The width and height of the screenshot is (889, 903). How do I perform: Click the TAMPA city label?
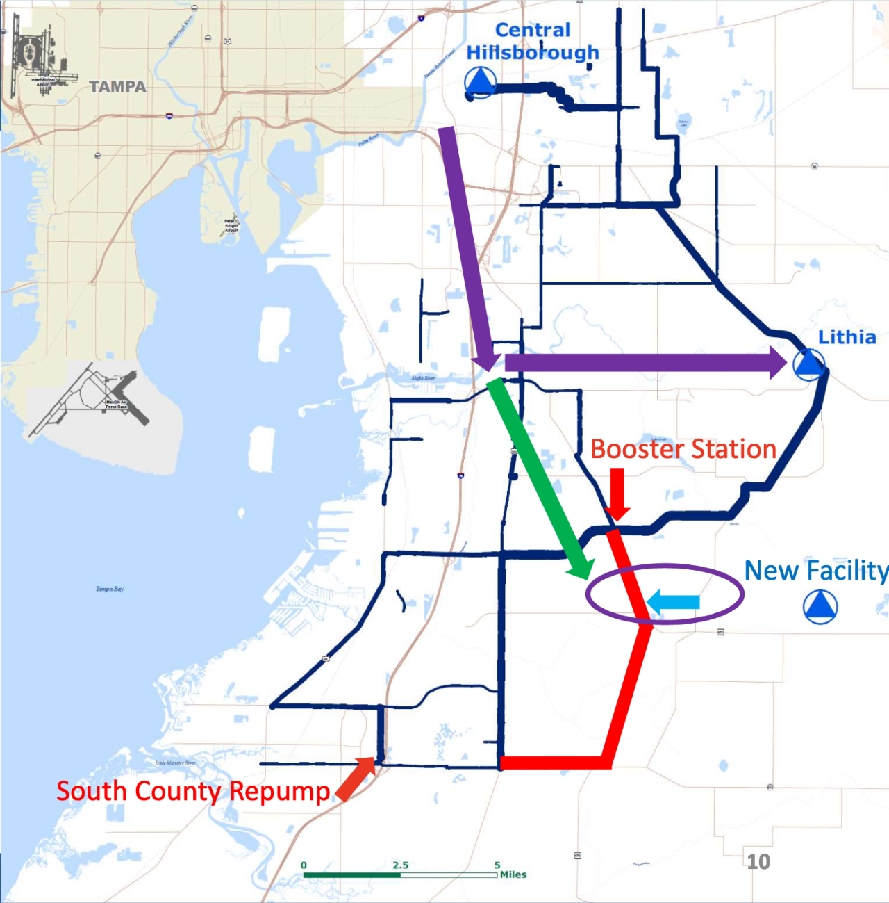tap(117, 87)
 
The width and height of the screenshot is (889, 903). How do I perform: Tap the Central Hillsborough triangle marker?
tap(479, 83)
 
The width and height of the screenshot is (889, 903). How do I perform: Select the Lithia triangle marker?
tap(808, 364)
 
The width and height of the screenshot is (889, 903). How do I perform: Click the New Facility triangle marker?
tap(820, 606)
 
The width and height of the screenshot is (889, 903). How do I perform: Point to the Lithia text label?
tap(847, 337)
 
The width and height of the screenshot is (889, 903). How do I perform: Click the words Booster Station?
tap(683, 449)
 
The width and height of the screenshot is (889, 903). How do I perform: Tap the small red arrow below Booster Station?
tap(617, 494)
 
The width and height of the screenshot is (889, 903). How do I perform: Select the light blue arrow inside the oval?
tap(673, 602)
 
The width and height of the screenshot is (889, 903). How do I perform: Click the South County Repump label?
tap(193, 791)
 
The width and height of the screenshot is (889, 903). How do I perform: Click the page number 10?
tap(758, 862)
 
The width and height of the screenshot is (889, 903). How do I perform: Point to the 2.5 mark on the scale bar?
tap(400, 865)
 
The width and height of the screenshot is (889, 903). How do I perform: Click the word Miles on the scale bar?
tap(513, 874)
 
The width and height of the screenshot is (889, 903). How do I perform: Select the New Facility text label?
tap(816, 571)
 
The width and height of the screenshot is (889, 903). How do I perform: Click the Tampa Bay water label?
tap(110, 589)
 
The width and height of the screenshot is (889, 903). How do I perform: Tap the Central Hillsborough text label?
tap(533, 42)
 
